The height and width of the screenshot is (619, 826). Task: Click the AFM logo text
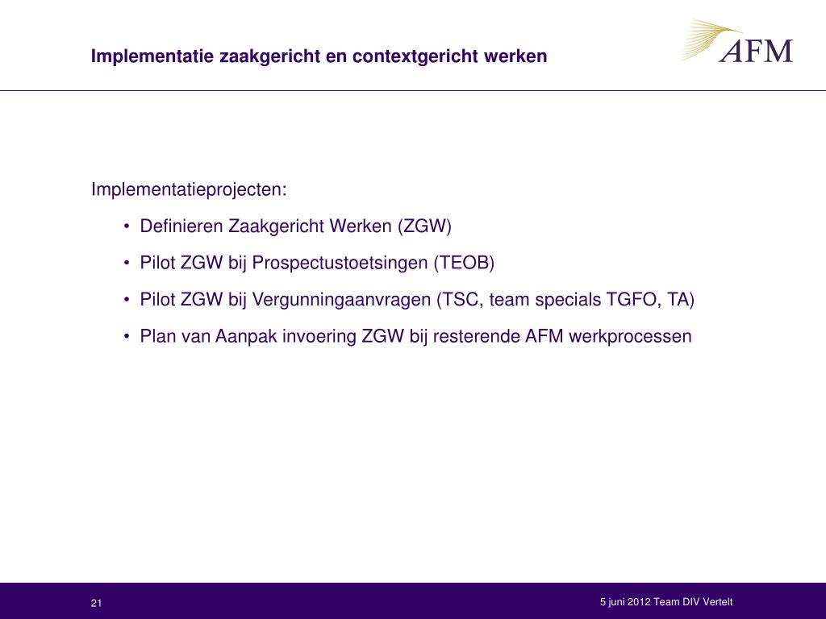click(x=756, y=51)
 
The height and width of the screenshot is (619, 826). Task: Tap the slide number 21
click(x=96, y=603)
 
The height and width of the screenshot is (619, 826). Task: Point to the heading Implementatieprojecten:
click(x=189, y=189)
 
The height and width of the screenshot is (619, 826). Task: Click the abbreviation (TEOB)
click(x=464, y=263)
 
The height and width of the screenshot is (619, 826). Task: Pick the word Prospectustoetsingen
click(x=340, y=264)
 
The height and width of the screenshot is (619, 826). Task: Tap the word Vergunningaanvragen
click(x=341, y=300)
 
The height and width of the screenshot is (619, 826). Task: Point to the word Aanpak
click(x=246, y=337)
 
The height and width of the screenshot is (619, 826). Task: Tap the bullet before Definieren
click(x=127, y=226)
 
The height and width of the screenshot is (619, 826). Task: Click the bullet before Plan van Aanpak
click(x=127, y=337)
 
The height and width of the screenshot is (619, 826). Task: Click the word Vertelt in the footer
click(x=718, y=601)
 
